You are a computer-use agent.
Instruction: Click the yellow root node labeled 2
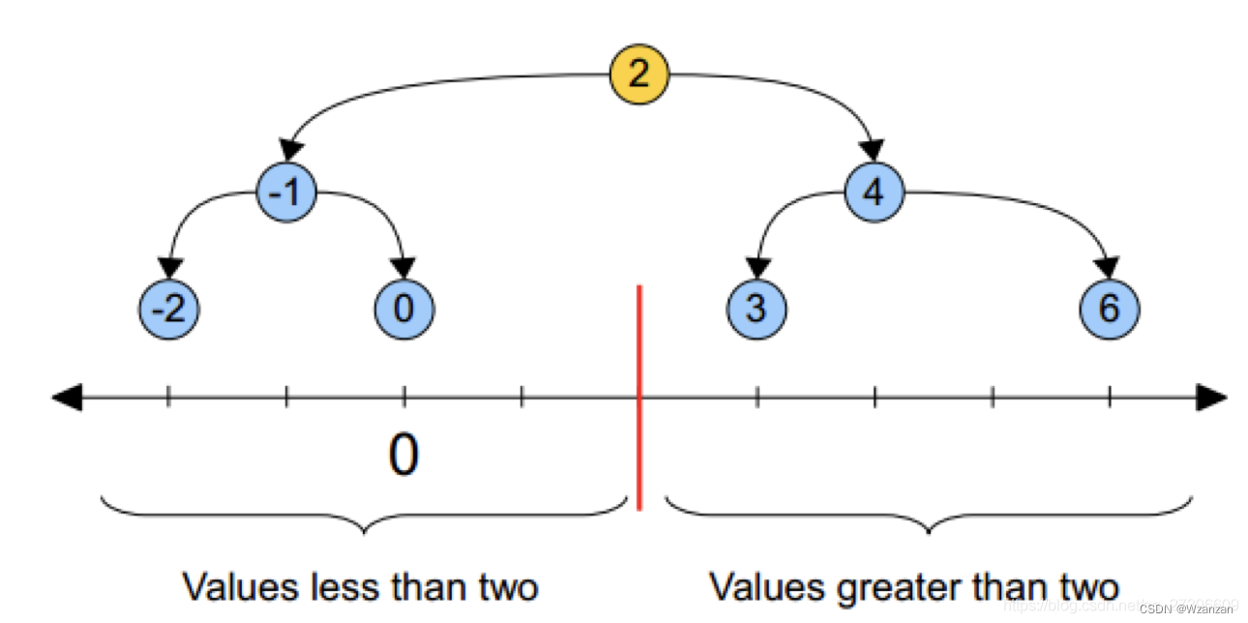point(639,74)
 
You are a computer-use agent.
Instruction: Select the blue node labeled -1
point(287,193)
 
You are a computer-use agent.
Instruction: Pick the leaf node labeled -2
point(170,310)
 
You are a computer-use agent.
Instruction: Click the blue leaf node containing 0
point(404,310)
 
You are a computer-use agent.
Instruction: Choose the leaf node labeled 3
point(757,310)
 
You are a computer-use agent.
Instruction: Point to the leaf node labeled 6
point(1109,310)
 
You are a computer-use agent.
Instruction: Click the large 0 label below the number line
point(403,455)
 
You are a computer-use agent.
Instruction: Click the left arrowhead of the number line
point(66,397)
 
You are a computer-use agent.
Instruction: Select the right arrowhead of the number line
point(1211,397)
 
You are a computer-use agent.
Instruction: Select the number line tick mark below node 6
point(1109,396)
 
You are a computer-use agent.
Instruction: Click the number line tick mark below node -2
point(168,396)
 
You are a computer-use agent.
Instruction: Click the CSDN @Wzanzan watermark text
point(1186,609)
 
